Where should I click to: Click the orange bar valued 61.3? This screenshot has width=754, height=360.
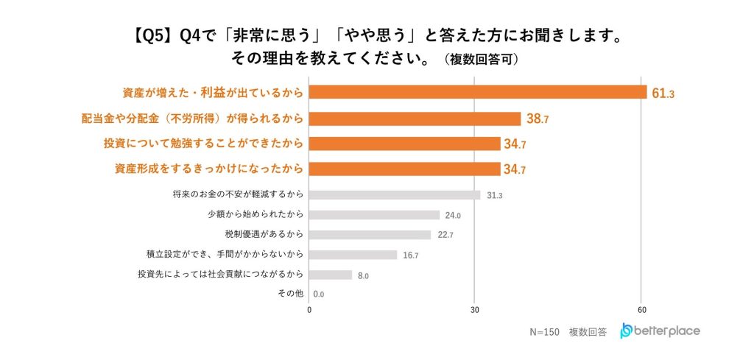477,92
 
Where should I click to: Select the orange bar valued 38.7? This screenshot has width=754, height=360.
415,118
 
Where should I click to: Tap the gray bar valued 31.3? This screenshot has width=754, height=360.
394,195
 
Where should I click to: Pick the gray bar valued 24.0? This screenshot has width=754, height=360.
374,215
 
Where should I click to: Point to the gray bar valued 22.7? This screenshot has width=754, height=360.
370,235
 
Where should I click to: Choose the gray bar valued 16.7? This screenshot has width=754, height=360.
353,255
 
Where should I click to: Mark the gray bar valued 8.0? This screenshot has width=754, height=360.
330,275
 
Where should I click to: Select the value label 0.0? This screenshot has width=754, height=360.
320,294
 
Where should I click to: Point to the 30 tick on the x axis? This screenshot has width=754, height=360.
475,309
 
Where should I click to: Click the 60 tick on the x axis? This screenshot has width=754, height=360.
642,309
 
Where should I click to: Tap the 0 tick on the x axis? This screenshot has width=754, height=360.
309,309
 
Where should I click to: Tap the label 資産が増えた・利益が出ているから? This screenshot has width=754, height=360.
213,93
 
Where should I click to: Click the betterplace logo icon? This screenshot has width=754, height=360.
626,331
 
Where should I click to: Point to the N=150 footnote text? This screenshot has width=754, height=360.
543,332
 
